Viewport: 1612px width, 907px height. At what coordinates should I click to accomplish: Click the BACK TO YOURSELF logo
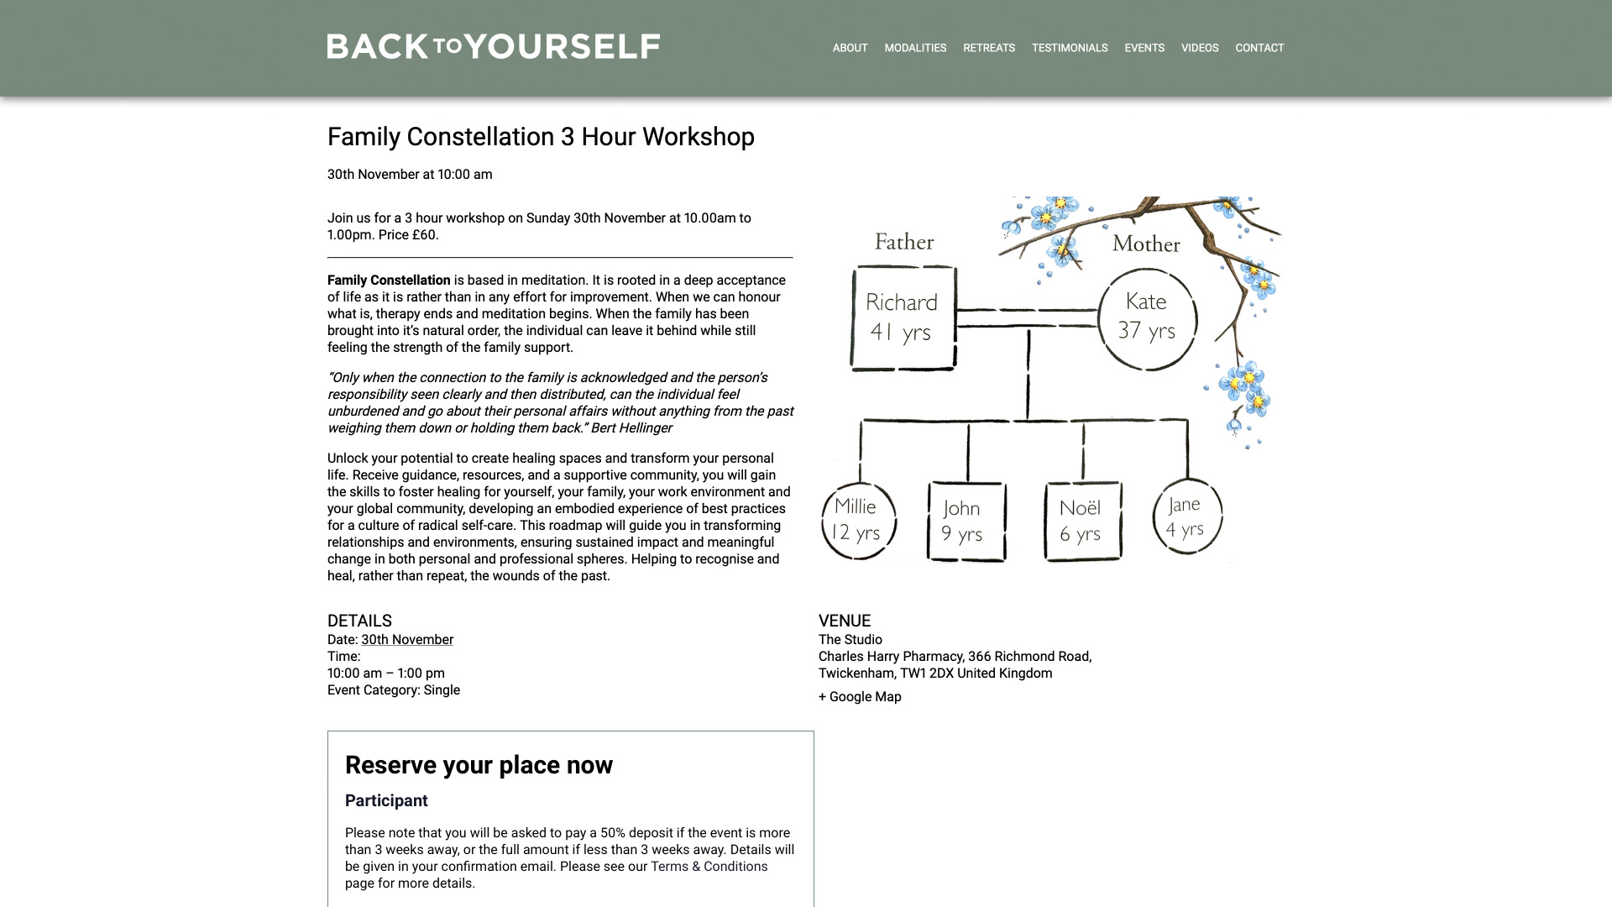click(493, 47)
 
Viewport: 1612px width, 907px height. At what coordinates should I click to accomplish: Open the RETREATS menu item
click(988, 48)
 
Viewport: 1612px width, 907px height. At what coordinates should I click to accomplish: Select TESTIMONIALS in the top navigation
click(1069, 48)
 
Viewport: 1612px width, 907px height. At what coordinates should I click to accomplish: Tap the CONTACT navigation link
click(1259, 48)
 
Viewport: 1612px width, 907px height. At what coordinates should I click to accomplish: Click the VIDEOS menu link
click(1199, 48)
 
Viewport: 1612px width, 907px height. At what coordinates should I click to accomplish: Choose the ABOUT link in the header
click(850, 48)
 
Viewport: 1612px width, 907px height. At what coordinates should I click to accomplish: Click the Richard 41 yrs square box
click(903, 317)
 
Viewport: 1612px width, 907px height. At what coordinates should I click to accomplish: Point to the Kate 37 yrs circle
click(1147, 318)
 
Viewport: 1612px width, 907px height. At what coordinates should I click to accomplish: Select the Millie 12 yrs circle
click(857, 520)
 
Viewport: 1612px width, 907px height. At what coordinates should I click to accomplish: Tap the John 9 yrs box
click(966, 521)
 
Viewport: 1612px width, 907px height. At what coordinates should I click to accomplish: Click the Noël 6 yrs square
click(1082, 521)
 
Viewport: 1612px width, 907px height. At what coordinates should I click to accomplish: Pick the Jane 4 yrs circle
click(1186, 516)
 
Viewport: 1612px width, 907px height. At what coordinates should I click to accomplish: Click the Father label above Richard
click(903, 242)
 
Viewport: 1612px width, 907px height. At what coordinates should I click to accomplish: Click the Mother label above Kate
click(1145, 244)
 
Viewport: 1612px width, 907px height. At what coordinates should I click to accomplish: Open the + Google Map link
click(860, 697)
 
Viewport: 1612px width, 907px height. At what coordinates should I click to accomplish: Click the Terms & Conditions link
click(709, 867)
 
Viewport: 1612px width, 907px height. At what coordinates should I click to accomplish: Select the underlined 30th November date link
click(407, 640)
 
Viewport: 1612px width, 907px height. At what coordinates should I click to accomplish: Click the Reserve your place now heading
click(479, 765)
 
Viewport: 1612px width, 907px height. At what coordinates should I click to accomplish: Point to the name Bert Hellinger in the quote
click(631, 428)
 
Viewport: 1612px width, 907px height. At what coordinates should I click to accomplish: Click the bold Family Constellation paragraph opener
click(389, 280)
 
